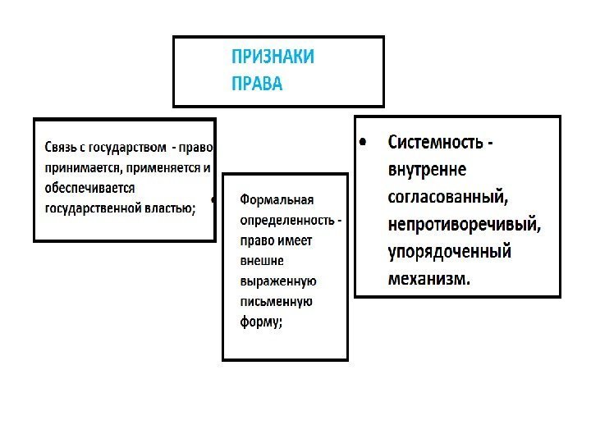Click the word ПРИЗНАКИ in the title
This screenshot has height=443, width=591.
click(273, 57)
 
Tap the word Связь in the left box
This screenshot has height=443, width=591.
click(62, 148)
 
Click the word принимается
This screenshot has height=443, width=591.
click(81, 168)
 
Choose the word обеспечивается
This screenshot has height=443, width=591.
click(89, 188)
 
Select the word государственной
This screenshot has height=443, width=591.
click(93, 208)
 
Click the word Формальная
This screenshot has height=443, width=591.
click(277, 200)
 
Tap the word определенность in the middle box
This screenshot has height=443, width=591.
click(286, 221)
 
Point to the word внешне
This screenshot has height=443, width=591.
click(261, 261)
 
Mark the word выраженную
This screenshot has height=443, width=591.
click(277, 281)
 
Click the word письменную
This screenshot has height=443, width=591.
click(276, 301)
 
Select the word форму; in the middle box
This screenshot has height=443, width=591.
click(261, 322)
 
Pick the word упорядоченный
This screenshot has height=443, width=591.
click(450, 251)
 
